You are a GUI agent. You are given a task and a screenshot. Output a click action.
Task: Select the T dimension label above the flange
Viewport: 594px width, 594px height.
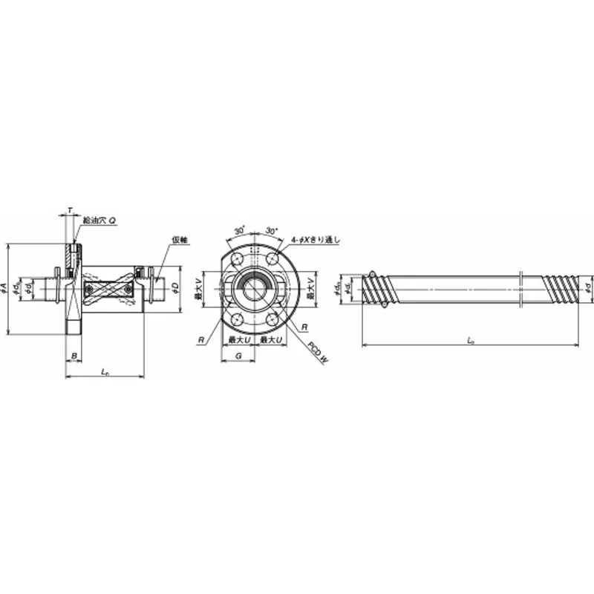click(x=70, y=212)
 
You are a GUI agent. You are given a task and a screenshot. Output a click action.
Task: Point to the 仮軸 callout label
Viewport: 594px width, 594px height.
click(x=179, y=240)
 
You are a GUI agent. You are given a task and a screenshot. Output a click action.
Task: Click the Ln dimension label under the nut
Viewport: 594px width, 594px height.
click(x=105, y=371)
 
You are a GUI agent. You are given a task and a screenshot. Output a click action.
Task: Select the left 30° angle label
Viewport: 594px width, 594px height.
click(x=239, y=231)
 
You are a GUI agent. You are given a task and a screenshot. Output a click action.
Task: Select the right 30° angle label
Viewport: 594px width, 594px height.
click(x=272, y=231)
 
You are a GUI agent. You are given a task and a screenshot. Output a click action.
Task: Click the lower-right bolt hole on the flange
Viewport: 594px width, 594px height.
click(x=272, y=319)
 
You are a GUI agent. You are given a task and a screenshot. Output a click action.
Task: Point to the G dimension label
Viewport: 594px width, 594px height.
click(x=238, y=357)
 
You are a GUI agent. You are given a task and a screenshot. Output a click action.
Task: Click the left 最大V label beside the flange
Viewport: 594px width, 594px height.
click(x=198, y=289)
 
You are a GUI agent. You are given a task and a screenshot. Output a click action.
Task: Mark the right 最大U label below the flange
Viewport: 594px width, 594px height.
click(x=270, y=339)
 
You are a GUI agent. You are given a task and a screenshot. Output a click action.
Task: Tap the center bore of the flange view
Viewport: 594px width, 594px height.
click(x=255, y=288)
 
